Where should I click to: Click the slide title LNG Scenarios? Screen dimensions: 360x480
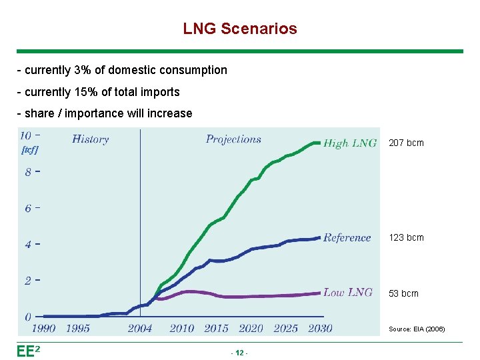(240, 29)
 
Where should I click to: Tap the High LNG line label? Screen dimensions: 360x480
(349, 143)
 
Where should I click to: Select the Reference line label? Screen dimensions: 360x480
(347, 237)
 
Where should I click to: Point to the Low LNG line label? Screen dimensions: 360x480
(347, 292)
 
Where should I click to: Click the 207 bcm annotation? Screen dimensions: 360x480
(406, 143)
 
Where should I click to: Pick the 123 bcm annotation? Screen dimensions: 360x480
(406, 237)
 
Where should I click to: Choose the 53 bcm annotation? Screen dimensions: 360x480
(403, 293)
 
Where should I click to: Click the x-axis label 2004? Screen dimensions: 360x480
(140, 328)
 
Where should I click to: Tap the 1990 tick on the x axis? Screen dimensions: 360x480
(43, 328)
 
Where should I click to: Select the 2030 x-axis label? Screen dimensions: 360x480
(320, 328)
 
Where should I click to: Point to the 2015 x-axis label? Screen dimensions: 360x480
(216, 328)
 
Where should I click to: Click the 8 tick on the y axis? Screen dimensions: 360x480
(28, 172)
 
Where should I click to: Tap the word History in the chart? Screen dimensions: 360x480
(90, 139)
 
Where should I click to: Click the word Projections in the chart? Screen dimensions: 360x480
(233, 139)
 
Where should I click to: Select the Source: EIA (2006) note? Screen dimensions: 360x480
(417, 329)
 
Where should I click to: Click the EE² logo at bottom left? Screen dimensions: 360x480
(29, 351)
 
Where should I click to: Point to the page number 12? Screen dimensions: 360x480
(239, 352)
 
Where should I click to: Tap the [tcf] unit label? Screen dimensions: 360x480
(30, 150)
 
